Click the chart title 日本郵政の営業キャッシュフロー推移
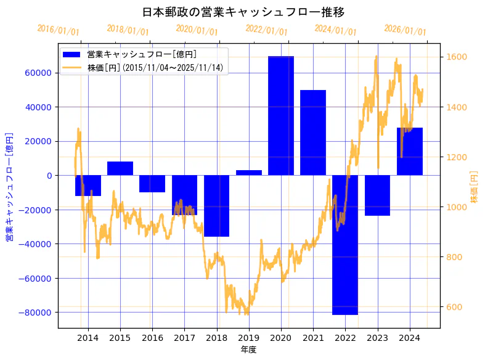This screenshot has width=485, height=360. coord(243,12)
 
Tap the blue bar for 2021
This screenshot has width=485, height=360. coord(313,133)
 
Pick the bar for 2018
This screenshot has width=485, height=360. coord(216,206)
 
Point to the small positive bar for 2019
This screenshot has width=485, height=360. coord(248,173)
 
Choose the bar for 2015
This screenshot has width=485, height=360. coord(120,168)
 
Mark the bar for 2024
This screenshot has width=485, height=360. coord(410,152)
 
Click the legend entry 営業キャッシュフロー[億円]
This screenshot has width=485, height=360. coord(142,55)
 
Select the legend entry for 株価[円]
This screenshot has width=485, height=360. coord(155,67)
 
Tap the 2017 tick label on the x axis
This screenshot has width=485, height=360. coord(184,338)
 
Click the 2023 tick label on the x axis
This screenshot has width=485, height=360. coord(377,338)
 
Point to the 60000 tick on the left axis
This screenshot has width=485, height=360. coord(38,73)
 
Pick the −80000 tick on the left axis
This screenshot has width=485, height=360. coord(36,313)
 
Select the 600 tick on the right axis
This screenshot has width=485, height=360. coord(454,307)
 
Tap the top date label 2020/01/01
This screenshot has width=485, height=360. coord(197,30)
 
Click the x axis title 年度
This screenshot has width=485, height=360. coord(248,350)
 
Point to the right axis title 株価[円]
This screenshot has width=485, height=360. coord(474,187)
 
